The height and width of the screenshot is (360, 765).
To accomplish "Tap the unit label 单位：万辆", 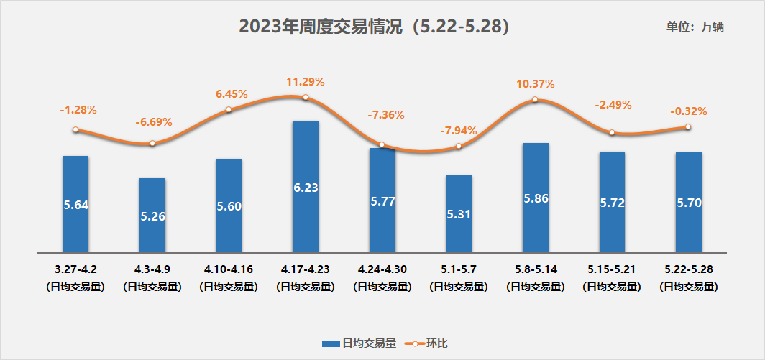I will pos(695,27).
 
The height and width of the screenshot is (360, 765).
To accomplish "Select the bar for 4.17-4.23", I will pos(305,187).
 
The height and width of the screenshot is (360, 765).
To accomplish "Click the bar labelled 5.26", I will pos(152,215).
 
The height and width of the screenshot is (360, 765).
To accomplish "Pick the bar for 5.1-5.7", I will pos(459,213).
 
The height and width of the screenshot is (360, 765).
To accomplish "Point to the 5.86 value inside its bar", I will pos(536,199).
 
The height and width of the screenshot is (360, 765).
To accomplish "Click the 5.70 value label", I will pos(689,203).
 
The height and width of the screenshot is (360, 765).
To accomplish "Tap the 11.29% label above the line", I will pos(306,82).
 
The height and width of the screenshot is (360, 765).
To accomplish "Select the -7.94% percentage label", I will pos(458,131).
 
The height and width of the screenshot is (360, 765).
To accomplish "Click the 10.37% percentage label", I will pos(535,84).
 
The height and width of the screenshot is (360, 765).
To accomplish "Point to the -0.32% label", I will pos(688,111).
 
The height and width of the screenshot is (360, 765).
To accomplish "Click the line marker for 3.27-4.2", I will pos(75,130).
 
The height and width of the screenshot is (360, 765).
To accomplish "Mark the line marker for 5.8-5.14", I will pos(536,100).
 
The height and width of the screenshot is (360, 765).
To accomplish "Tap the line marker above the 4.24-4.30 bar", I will pos(382,144).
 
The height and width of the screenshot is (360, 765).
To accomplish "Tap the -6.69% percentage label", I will pos(153,122).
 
